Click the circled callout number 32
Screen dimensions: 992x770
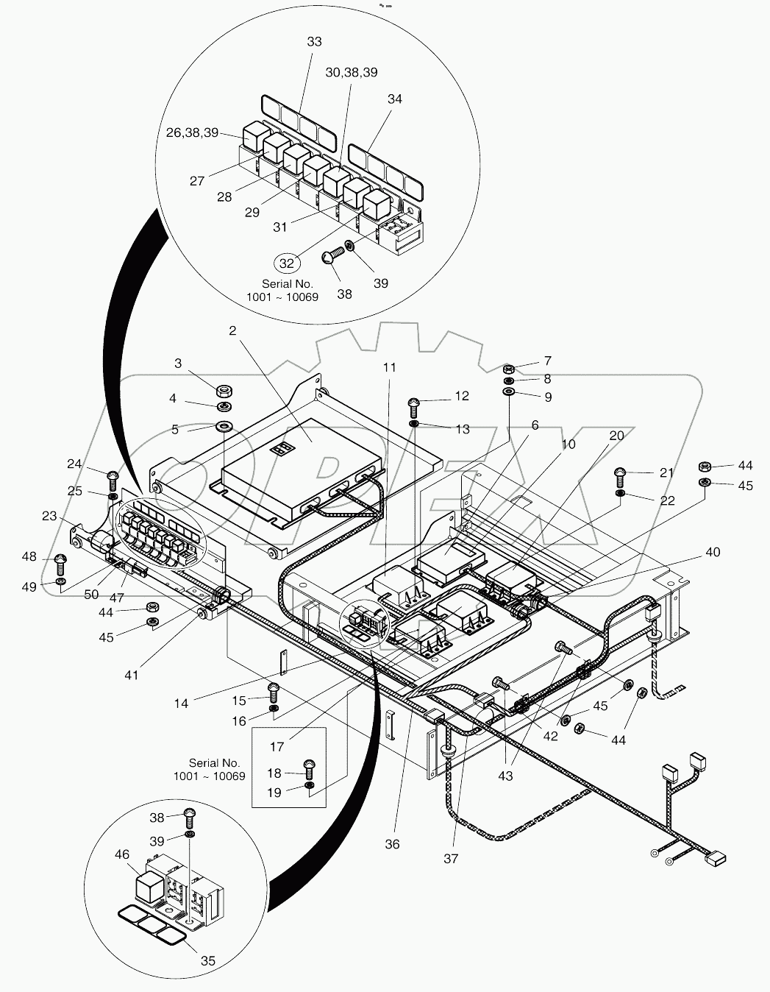click(287, 263)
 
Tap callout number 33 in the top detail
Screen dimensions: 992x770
click(314, 42)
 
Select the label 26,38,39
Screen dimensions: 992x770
click(192, 133)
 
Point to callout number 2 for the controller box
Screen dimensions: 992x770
click(232, 331)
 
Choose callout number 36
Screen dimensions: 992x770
click(392, 843)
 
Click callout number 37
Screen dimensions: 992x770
click(451, 858)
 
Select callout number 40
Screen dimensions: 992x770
click(712, 552)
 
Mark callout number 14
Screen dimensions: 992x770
click(181, 703)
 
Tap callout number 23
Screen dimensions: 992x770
click(49, 517)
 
